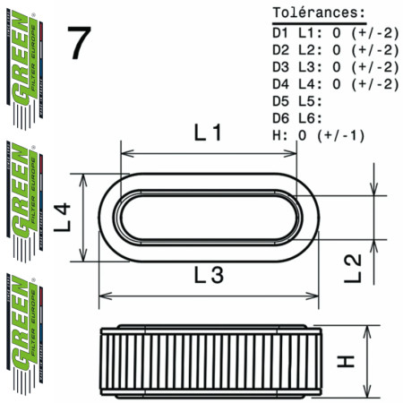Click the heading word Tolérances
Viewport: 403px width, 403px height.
[x=318, y=13]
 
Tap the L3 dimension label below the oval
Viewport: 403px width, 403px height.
[x=208, y=278]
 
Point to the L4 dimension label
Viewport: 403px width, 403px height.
[x=61, y=216]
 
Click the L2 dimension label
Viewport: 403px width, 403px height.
[x=352, y=267]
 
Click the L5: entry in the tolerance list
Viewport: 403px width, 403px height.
[x=310, y=101]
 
